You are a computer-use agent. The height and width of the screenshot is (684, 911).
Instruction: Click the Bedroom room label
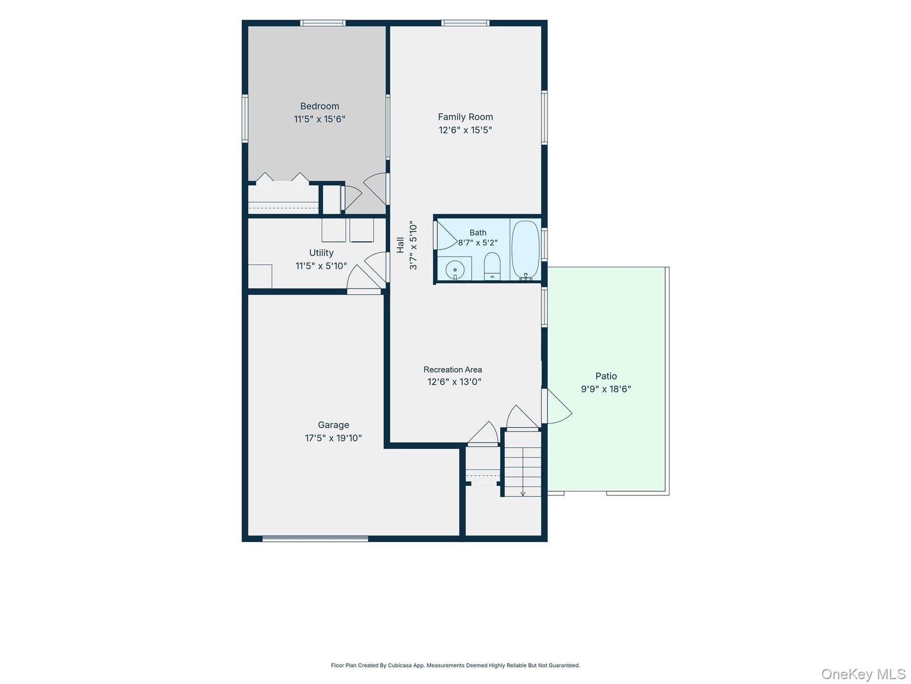click(319, 106)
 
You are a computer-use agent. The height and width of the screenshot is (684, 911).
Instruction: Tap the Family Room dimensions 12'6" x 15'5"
click(465, 130)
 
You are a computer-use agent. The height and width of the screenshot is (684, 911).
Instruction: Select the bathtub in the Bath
click(526, 250)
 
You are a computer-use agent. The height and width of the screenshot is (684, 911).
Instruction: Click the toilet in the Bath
click(492, 266)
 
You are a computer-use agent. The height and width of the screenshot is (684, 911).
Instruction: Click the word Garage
click(334, 425)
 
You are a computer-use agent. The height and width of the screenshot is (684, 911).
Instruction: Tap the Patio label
click(606, 376)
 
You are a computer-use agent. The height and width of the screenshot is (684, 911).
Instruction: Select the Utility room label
click(321, 253)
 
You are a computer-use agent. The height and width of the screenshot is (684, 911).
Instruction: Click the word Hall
click(400, 245)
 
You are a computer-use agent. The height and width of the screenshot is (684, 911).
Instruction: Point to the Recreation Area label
click(453, 370)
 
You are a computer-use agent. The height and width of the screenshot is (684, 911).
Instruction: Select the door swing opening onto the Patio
click(558, 406)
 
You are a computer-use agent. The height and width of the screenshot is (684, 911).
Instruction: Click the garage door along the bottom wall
click(316, 539)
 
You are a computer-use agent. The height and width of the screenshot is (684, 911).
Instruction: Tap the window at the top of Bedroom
click(323, 23)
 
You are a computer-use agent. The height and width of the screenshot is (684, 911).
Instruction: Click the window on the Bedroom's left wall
click(245, 118)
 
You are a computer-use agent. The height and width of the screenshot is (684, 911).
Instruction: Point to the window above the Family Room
click(465, 23)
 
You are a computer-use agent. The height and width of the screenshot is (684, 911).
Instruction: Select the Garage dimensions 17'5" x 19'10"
click(334, 438)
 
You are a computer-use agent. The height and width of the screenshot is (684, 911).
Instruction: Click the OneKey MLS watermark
click(864, 674)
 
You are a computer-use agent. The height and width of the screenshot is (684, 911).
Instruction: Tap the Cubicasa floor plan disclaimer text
click(455, 665)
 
